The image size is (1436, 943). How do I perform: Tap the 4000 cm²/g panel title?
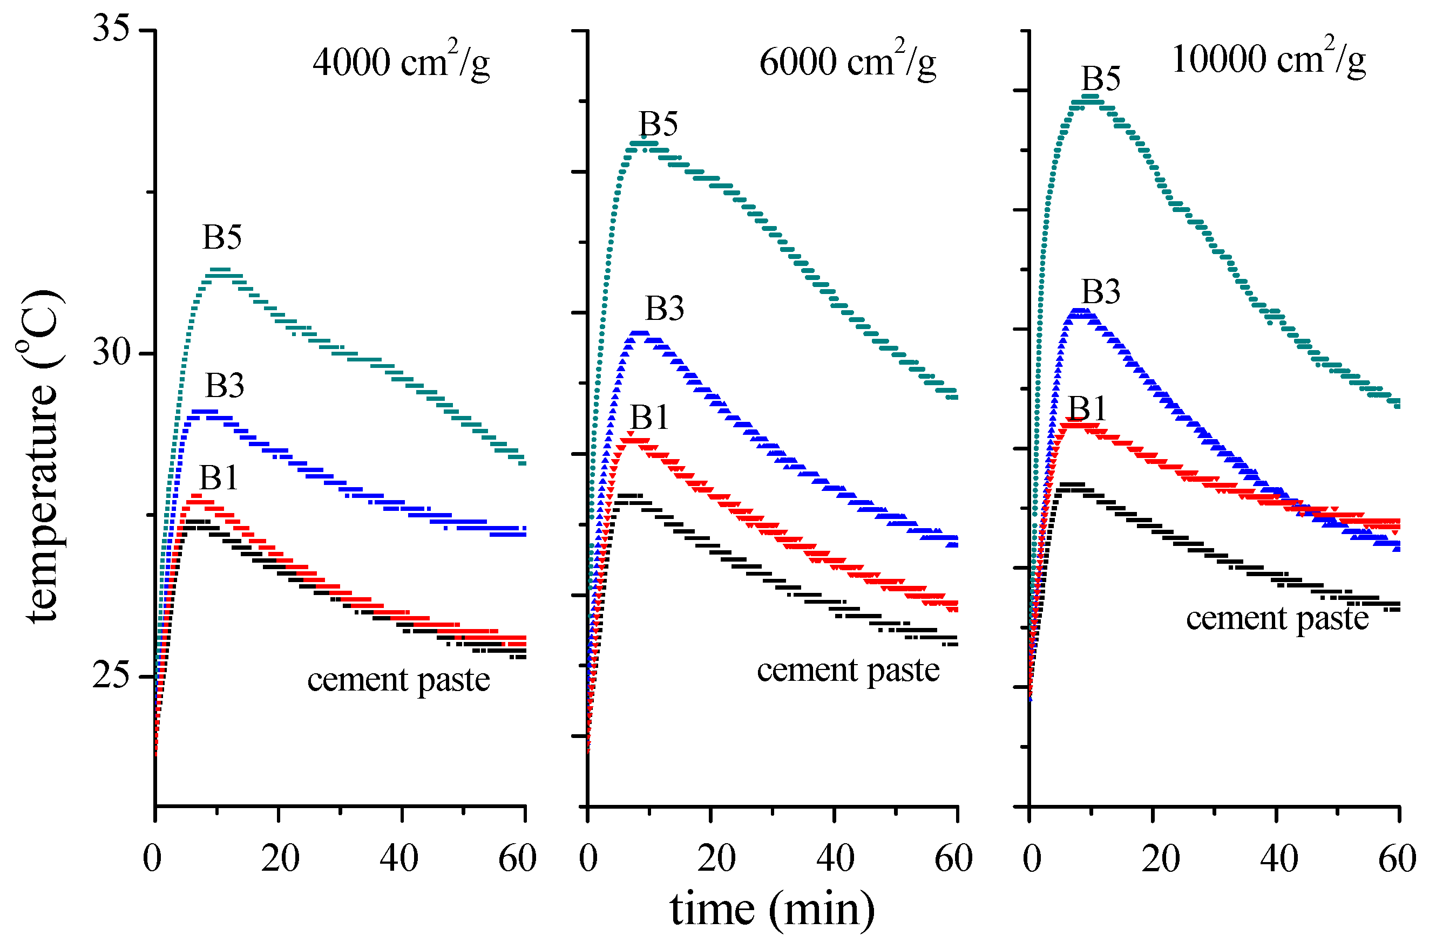(x=401, y=61)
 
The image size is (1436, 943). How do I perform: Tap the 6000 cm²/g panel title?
(x=847, y=61)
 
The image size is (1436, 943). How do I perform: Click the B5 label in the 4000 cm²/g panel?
(x=221, y=237)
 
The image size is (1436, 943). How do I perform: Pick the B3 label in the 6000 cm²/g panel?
(x=665, y=309)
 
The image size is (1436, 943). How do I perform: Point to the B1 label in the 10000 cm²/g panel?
(x=1087, y=408)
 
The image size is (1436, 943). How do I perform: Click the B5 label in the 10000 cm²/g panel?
(x=1101, y=78)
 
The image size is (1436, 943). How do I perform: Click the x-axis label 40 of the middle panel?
(x=835, y=858)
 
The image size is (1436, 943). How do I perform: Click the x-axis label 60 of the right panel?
(x=1397, y=858)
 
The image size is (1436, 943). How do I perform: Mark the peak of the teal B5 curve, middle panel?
(x=642, y=145)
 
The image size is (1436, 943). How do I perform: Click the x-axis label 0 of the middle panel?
(x=588, y=858)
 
